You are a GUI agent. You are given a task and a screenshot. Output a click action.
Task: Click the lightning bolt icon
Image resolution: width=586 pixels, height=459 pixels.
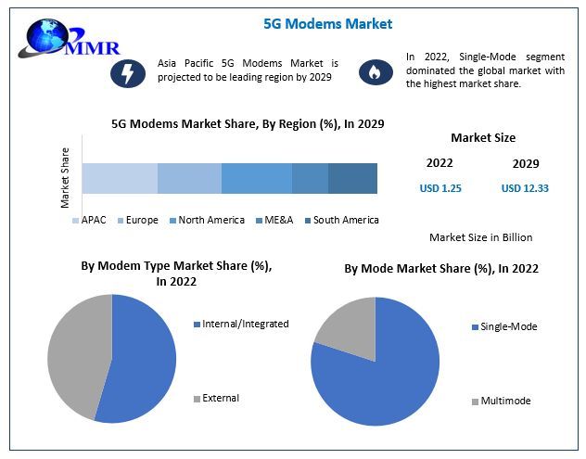[x=127, y=72]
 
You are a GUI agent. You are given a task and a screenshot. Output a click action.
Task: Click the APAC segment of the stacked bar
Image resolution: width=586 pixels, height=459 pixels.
[x=120, y=178]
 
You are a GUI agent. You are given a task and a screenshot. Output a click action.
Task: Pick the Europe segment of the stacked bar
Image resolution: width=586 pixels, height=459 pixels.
[x=189, y=178]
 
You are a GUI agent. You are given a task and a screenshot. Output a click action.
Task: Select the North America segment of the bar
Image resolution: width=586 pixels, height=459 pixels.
[x=256, y=178]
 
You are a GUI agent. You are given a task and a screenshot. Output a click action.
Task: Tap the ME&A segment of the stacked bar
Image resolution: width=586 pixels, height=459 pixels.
[x=310, y=178]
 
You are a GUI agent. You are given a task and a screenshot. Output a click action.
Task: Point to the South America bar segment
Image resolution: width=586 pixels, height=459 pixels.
[x=352, y=178]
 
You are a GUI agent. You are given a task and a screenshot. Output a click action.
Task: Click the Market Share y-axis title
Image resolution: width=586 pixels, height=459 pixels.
[x=65, y=176]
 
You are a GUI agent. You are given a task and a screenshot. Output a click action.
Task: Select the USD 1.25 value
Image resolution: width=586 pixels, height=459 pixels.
[x=439, y=188]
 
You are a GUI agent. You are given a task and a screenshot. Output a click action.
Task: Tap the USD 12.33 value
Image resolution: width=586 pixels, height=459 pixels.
[x=525, y=188]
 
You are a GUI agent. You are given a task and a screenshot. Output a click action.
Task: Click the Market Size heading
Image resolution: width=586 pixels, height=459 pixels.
[x=482, y=138]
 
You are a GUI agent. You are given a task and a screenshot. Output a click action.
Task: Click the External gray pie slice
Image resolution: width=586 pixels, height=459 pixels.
[x=76, y=352]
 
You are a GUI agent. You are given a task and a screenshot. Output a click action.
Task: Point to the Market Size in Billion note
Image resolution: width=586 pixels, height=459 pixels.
[x=480, y=237]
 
